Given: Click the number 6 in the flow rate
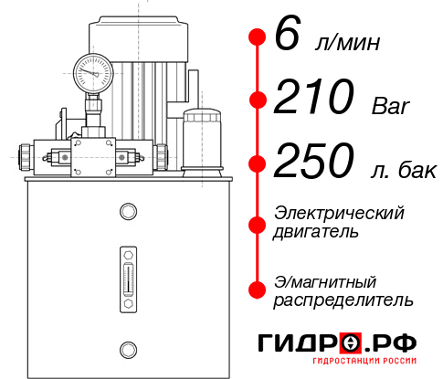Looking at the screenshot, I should (286, 37).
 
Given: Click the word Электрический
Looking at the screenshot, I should (339, 214).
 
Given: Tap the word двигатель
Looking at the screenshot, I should (316, 232).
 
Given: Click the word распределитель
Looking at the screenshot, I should (343, 300).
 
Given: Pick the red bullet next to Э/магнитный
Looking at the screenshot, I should (257, 289).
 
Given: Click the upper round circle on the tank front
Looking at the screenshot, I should (127, 212).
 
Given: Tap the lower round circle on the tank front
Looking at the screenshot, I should (127, 347).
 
